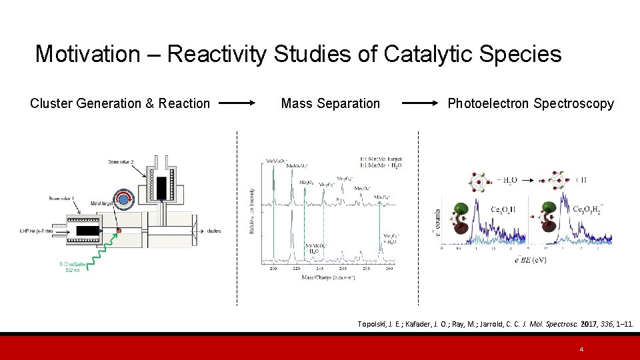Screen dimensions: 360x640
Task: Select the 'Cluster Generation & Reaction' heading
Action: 120,103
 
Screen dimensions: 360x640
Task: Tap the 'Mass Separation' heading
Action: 330,103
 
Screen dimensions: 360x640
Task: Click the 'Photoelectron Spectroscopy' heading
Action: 530,103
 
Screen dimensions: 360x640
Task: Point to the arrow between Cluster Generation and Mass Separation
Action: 237,103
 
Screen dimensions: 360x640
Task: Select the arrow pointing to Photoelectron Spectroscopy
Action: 421,103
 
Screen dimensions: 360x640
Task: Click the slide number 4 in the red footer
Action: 581,349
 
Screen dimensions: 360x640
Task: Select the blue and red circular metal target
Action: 122,199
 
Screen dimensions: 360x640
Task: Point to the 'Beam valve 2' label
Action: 124,162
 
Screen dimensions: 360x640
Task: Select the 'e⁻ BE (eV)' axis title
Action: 531,259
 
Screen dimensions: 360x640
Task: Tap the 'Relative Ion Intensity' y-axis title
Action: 252,210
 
